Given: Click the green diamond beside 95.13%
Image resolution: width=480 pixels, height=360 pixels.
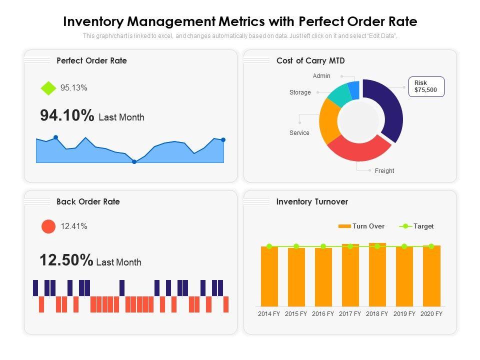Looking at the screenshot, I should [48, 88].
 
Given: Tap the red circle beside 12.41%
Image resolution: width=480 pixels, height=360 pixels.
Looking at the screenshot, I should [48, 226].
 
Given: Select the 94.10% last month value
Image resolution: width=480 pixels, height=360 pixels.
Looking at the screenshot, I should [67, 116].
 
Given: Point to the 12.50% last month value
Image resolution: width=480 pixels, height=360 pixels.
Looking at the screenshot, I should [66, 260].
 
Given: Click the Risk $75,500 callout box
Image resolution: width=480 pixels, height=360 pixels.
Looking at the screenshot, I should [426, 86].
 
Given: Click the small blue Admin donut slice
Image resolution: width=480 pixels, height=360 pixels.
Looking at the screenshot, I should [354, 89].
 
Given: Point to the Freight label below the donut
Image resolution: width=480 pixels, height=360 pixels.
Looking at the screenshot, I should [384, 171].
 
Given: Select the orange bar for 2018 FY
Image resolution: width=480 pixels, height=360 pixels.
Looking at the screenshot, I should [377, 275].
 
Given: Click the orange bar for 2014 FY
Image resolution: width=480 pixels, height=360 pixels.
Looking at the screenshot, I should [269, 276].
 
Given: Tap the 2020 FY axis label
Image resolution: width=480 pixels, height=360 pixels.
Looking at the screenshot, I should [431, 314].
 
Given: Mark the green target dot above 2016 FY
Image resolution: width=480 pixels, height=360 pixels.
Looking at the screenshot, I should [323, 246].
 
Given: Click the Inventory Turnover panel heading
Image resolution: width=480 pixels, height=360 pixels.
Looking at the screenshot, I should [312, 202].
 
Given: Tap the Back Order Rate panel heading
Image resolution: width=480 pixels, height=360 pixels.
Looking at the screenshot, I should [88, 202].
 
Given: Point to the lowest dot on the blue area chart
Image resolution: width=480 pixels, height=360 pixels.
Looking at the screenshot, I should [134, 161].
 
